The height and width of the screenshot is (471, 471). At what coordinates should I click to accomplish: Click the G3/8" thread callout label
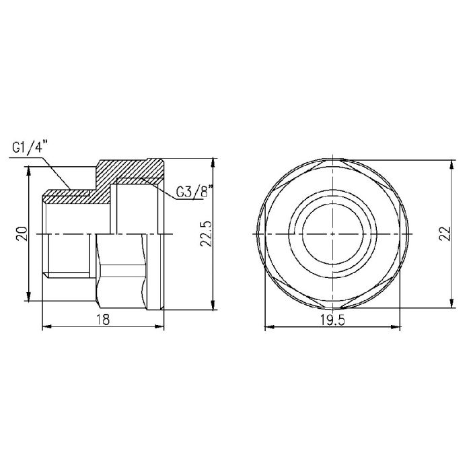click(x=194, y=193)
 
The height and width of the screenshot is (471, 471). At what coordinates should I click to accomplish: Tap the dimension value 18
click(x=102, y=319)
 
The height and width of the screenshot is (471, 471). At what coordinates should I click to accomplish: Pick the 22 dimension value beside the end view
click(x=444, y=233)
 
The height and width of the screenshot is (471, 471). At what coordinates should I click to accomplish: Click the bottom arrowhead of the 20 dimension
click(x=28, y=301)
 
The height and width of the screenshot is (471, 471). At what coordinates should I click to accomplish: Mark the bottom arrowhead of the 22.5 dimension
click(x=213, y=307)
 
